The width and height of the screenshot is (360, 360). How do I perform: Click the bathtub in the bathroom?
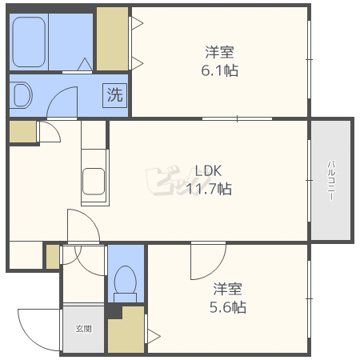point(29,42)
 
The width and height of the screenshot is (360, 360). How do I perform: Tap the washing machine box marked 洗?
point(115,95)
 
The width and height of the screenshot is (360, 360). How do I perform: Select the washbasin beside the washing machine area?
point(21,95)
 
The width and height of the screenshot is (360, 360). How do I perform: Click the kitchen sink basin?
point(94,182)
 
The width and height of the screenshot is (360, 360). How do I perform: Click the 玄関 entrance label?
point(84,329)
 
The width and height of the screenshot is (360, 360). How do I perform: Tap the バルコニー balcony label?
point(331,180)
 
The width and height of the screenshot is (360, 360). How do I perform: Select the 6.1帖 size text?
point(219,70)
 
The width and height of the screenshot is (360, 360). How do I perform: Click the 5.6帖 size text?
point(228,307)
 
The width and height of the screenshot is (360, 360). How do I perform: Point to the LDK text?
point(208,170)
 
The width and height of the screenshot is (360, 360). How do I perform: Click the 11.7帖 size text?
point(209,189)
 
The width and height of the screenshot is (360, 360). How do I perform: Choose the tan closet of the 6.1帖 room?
point(112,39)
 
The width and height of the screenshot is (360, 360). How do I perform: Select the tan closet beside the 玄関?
point(126,330)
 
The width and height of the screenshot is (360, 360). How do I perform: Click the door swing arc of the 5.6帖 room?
point(215,270)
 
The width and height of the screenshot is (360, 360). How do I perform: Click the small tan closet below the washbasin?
point(23,132)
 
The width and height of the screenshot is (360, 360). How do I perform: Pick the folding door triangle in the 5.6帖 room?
point(154,336)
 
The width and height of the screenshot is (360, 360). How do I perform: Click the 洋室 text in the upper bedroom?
point(219,52)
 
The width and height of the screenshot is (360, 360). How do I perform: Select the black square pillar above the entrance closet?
point(114,310)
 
